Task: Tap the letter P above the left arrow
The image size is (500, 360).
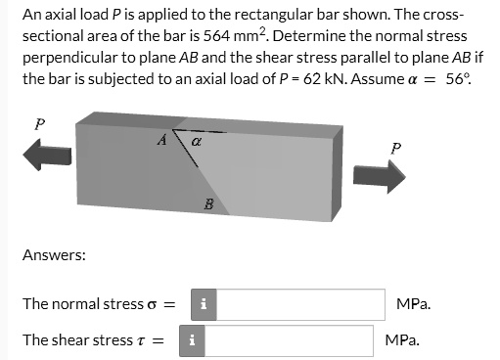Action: click(39, 124)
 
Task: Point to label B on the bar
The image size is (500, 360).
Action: click(207, 204)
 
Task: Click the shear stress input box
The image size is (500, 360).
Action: click(288, 340)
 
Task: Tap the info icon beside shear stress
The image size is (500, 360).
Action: click(192, 340)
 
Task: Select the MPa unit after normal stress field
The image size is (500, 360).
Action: click(415, 303)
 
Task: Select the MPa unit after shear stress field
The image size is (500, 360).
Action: click(403, 340)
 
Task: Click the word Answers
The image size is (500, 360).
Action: click(54, 255)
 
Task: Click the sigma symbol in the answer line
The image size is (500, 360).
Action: click(152, 304)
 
